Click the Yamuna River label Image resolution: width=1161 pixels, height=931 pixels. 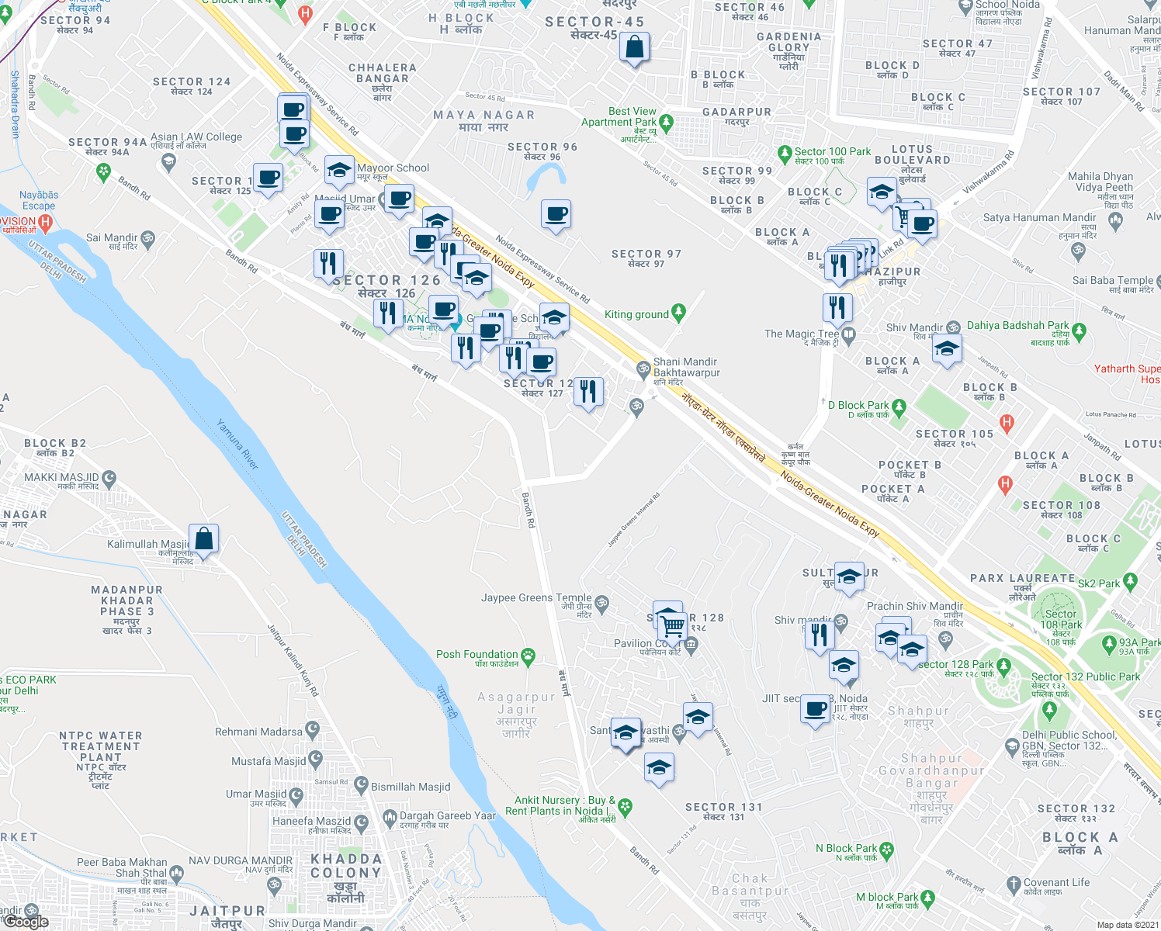[x=237, y=444]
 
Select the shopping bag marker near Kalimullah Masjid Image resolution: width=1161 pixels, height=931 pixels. [x=203, y=539]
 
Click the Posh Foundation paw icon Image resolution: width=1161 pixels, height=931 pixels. [x=529, y=656]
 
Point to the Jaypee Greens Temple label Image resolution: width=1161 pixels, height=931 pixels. [x=536, y=598]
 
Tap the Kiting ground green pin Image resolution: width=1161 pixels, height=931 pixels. [x=679, y=313]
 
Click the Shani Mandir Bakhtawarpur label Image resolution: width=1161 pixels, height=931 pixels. [x=686, y=367]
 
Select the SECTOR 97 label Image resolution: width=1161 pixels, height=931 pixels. [x=646, y=254]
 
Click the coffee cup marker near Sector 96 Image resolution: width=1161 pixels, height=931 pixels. [x=556, y=214]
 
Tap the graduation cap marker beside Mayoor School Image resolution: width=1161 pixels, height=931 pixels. [x=339, y=171]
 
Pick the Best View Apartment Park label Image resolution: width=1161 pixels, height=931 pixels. [x=619, y=116]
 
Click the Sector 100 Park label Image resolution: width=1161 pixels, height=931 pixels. [x=832, y=152]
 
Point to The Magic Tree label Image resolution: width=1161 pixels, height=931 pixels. [x=802, y=334]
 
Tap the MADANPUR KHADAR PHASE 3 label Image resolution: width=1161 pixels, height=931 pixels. [x=127, y=600]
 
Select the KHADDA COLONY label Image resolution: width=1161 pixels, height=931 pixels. [x=346, y=866]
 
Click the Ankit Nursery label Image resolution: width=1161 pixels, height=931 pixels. [x=560, y=805]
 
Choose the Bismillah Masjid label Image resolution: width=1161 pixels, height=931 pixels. [x=411, y=787]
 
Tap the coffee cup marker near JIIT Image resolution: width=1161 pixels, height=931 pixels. [x=815, y=709]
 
